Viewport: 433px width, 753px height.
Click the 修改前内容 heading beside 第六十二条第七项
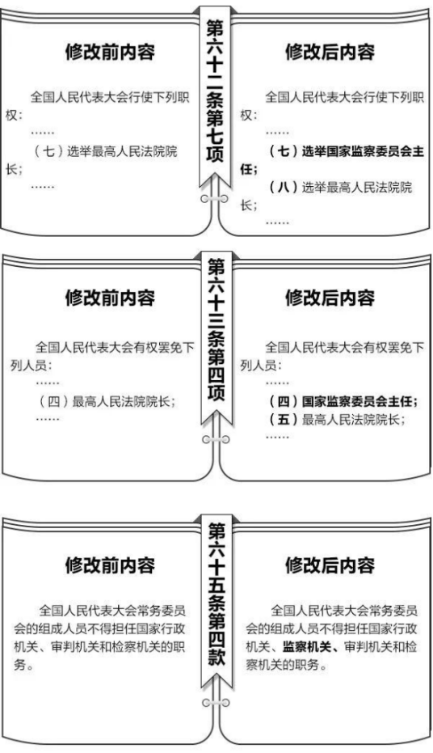click(111, 52)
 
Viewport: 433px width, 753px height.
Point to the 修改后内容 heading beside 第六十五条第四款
click(330, 565)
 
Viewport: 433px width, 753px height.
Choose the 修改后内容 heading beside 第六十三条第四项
click(330, 298)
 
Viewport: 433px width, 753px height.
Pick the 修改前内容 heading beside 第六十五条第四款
click(111, 565)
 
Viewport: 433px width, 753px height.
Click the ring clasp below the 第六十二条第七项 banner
click(214, 198)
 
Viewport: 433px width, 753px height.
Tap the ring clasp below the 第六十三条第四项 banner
click(216, 439)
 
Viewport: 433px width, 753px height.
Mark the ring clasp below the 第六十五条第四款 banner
click(216, 703)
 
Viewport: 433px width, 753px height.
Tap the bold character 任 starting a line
click(247, 170)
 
